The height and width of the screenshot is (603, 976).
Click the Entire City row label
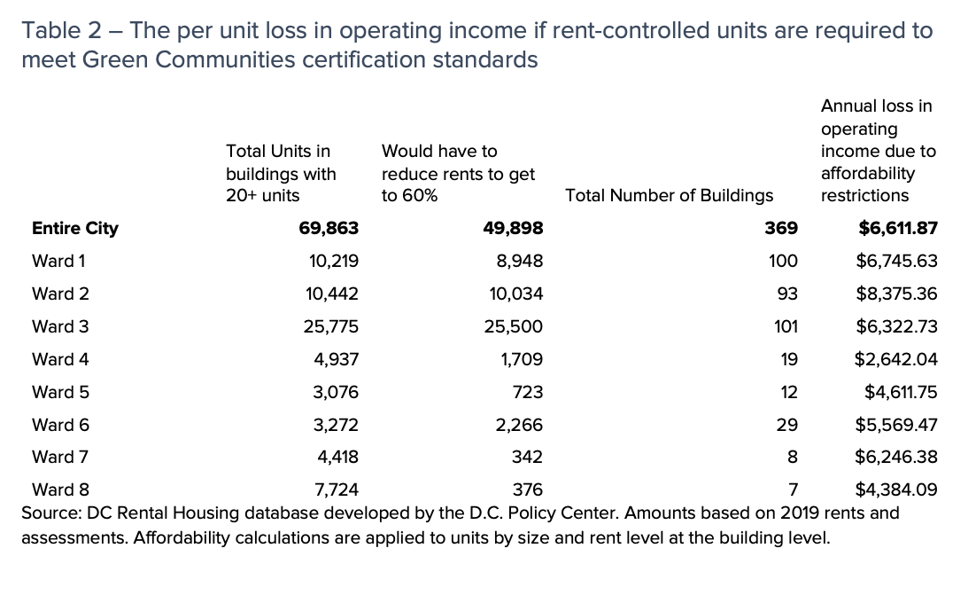tap(74, 228)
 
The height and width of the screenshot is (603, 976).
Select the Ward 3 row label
tap(60, 326)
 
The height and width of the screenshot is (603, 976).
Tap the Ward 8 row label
tap(60, 489)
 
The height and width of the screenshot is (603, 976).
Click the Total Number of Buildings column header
tap(669, 195)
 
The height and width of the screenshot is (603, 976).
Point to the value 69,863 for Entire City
tap(329, 228)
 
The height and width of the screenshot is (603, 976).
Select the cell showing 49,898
tap(513, 228)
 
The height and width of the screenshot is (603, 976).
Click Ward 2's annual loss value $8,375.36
tap(895, 294)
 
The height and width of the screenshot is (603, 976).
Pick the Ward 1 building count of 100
tap(783, 261)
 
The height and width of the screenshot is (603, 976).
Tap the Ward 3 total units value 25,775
tap(330, 326)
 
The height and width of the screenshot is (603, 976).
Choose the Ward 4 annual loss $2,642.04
tap(895, 359)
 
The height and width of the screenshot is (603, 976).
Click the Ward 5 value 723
tap(528, 392)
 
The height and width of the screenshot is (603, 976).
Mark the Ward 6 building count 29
tap(786, 425)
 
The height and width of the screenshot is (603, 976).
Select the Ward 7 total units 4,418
tap(337, 458)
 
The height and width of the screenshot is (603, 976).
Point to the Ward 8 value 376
tap(528, 489)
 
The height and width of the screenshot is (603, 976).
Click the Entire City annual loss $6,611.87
tap(897, 228)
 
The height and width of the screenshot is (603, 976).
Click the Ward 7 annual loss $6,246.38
tap(895, 458)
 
